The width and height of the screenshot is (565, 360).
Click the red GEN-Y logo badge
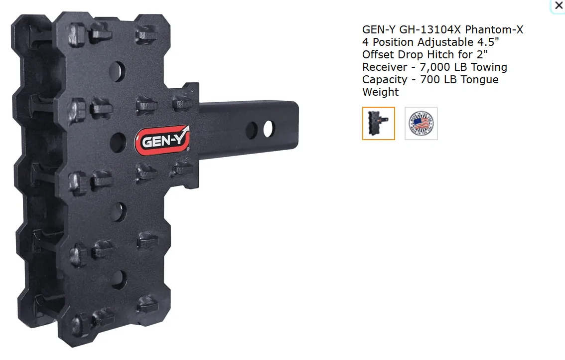coord(162,140)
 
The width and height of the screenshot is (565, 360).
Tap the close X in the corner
coord(559,5)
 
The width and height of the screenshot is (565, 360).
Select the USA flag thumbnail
coord(421,123)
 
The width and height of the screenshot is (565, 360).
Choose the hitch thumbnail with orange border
coord(378,123)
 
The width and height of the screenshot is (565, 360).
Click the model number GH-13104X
coord(430,29)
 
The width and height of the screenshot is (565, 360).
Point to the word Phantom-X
coord(494,29)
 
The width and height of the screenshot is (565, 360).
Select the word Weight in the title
coord(381,92)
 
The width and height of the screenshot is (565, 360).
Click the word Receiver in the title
coord(385,67)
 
